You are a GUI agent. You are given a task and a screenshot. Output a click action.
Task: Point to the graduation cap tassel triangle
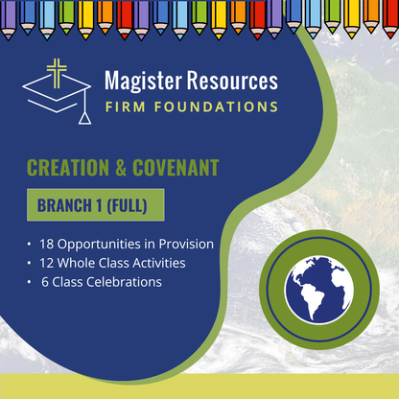click(88, 118)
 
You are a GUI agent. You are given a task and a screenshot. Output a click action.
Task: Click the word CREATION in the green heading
click(71, 169)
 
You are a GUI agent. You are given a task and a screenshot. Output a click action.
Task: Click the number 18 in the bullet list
click(48, 245)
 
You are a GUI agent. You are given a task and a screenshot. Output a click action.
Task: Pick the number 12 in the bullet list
click(48, 263)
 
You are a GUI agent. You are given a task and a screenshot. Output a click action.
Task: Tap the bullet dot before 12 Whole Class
click(31, 263)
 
